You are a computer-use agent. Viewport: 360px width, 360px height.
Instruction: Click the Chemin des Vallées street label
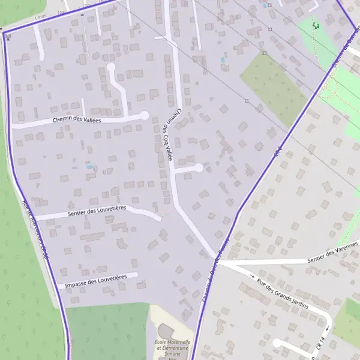pyautogui.click(x=77, y=120)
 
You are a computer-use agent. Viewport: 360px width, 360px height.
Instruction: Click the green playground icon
pyautogui.click(x=314, y=25)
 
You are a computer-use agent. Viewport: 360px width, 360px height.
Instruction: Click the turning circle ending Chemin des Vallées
pyautogui.click(x=144, y=115)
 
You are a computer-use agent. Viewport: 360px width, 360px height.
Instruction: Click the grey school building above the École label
pyautogui.click(x=166, y=331)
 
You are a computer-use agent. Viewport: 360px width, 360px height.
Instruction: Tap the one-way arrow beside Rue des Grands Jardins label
pyautogui.click(x=253, y=275)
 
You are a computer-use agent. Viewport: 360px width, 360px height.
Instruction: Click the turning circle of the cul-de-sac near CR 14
pyautogui.click(x=277, y=343)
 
